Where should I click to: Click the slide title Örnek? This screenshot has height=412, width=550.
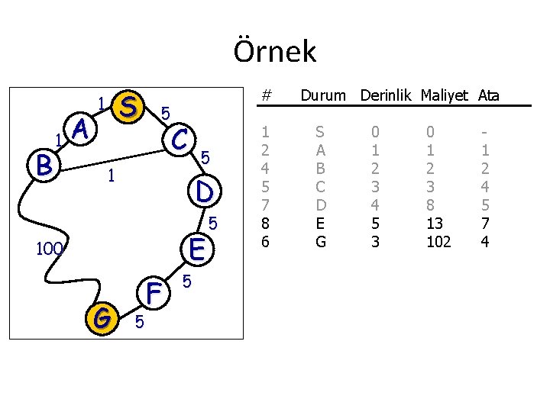[x=274, y=52]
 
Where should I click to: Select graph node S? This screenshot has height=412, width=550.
[x=129, y=107]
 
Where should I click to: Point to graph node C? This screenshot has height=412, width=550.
[x=180, y=138]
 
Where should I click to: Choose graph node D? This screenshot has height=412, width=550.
[x=203, y=191]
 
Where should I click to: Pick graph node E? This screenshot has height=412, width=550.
[x=196, y=249]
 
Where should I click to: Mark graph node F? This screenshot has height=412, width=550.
[x=154, y=291]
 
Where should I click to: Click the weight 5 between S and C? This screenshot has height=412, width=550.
[x=165, y=114]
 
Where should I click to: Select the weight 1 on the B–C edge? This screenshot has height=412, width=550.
[x=111, y=176]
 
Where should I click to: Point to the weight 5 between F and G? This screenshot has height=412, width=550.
[x=138, y=323]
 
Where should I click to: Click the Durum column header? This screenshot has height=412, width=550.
[x=324, y=96]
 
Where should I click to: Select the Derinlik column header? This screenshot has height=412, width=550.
[x=387, y=96]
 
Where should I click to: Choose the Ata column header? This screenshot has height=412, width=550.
[x=489, y=96]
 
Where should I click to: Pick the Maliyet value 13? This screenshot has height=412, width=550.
[x=435, y=223]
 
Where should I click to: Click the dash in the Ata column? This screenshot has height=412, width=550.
[x=483, y=131]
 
